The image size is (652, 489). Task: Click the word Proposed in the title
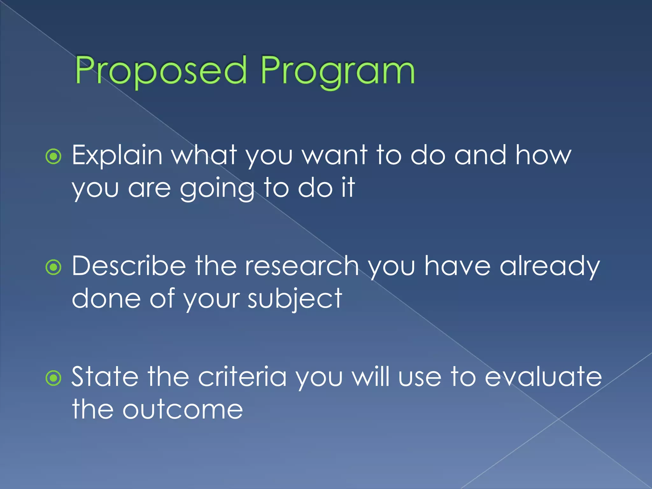coord(161,71)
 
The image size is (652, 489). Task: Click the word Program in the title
coord(337,71)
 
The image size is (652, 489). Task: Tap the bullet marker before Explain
coord(53,156)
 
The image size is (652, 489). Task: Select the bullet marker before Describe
coord(53,267)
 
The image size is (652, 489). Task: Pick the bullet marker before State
coord(53,378)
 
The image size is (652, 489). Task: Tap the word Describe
coord(129,266)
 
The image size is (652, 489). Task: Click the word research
coord(302,266)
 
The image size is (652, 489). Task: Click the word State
coord(105,377)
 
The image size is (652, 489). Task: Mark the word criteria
coord(242,377)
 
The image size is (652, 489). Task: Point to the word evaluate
coord(543,377)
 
